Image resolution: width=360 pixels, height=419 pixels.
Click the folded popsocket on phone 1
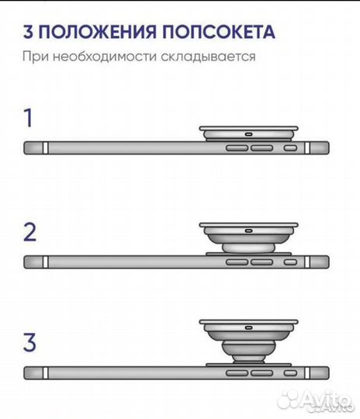(247, 133)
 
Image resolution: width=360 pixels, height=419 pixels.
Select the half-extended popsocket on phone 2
(247, 236)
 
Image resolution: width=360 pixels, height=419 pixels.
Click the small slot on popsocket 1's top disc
(247, 132)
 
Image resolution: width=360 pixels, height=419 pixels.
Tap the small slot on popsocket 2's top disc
(247, 230)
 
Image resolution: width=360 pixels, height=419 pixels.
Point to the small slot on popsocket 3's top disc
(247, 326)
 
